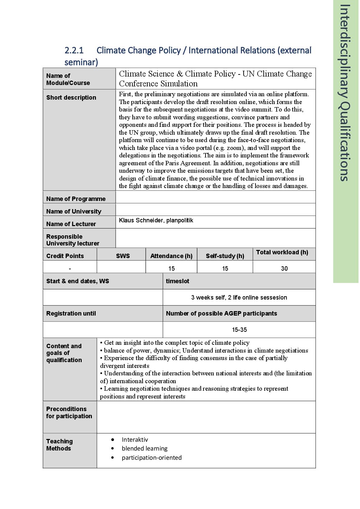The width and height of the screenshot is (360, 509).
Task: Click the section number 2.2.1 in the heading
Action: [x=74, y=50]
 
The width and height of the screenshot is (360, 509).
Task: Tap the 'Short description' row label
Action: [x=71, y=98]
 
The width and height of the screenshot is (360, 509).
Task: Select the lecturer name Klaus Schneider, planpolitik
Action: [x=156, y=220]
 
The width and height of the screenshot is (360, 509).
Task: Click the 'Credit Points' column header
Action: [x=65, y=256]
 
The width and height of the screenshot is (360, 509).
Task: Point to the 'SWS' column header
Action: [x=122, y=256]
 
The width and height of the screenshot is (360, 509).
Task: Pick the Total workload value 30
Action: [x=284, y=269]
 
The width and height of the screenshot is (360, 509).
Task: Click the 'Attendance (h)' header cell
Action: [x=171, y=256]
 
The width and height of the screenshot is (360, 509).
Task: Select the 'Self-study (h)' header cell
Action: [x=225, y=256]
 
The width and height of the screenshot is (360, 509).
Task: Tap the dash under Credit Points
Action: [x=70, y=269]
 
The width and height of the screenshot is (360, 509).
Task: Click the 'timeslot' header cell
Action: [x=177, y=281]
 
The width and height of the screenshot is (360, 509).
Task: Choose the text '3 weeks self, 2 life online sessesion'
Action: [x=239, y=298]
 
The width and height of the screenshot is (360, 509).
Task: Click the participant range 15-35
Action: [x=239, y=330]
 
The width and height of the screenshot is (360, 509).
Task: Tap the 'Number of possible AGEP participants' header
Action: [x=221, y=313]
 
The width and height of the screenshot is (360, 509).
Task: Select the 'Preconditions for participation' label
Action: [x=69, y=412]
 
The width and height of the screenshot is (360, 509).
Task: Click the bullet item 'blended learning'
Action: [x=145, y=448]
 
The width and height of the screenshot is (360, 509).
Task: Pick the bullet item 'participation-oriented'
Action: [x=151, y=458]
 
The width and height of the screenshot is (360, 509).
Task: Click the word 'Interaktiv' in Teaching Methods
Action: [x=135, y=440]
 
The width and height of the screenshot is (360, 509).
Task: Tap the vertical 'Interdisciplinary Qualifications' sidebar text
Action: [x=345, y=92]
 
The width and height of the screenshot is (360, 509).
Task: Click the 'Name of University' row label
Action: [x=73, y=211]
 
